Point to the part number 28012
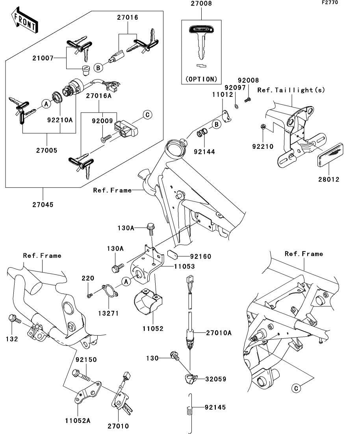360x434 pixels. pos(329,179)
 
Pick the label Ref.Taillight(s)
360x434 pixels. pos(291,90)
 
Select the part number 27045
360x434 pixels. pos(43,205)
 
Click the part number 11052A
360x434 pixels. pos(77,421)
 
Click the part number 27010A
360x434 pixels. pos(219,333)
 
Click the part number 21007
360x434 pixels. pos(43,58)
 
